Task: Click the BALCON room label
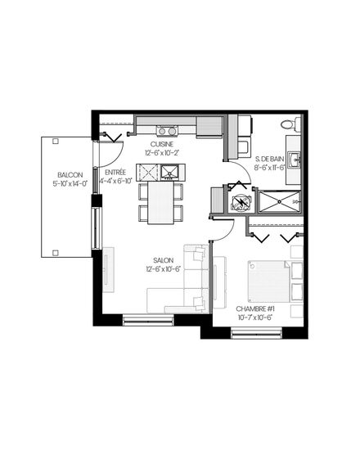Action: (70, 175)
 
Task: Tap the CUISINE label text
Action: (162, 144)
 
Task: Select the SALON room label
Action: (164, 260)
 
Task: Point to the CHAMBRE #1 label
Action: (255, 309)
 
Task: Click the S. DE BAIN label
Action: (269, 159)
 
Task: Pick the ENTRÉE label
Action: (115, 173)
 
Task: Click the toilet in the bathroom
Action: (290, 124)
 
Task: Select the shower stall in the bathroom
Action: (280, 202)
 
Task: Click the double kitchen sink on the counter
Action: (167, 131)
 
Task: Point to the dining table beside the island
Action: (160, 202)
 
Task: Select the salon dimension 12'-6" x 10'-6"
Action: (163, 269)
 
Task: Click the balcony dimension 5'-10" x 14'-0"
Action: (70, 183)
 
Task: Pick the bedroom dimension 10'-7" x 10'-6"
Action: (255, 317)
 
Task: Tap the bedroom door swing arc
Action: (227, 234)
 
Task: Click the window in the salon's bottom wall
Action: (148, 320)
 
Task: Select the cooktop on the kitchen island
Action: (147, 172)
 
